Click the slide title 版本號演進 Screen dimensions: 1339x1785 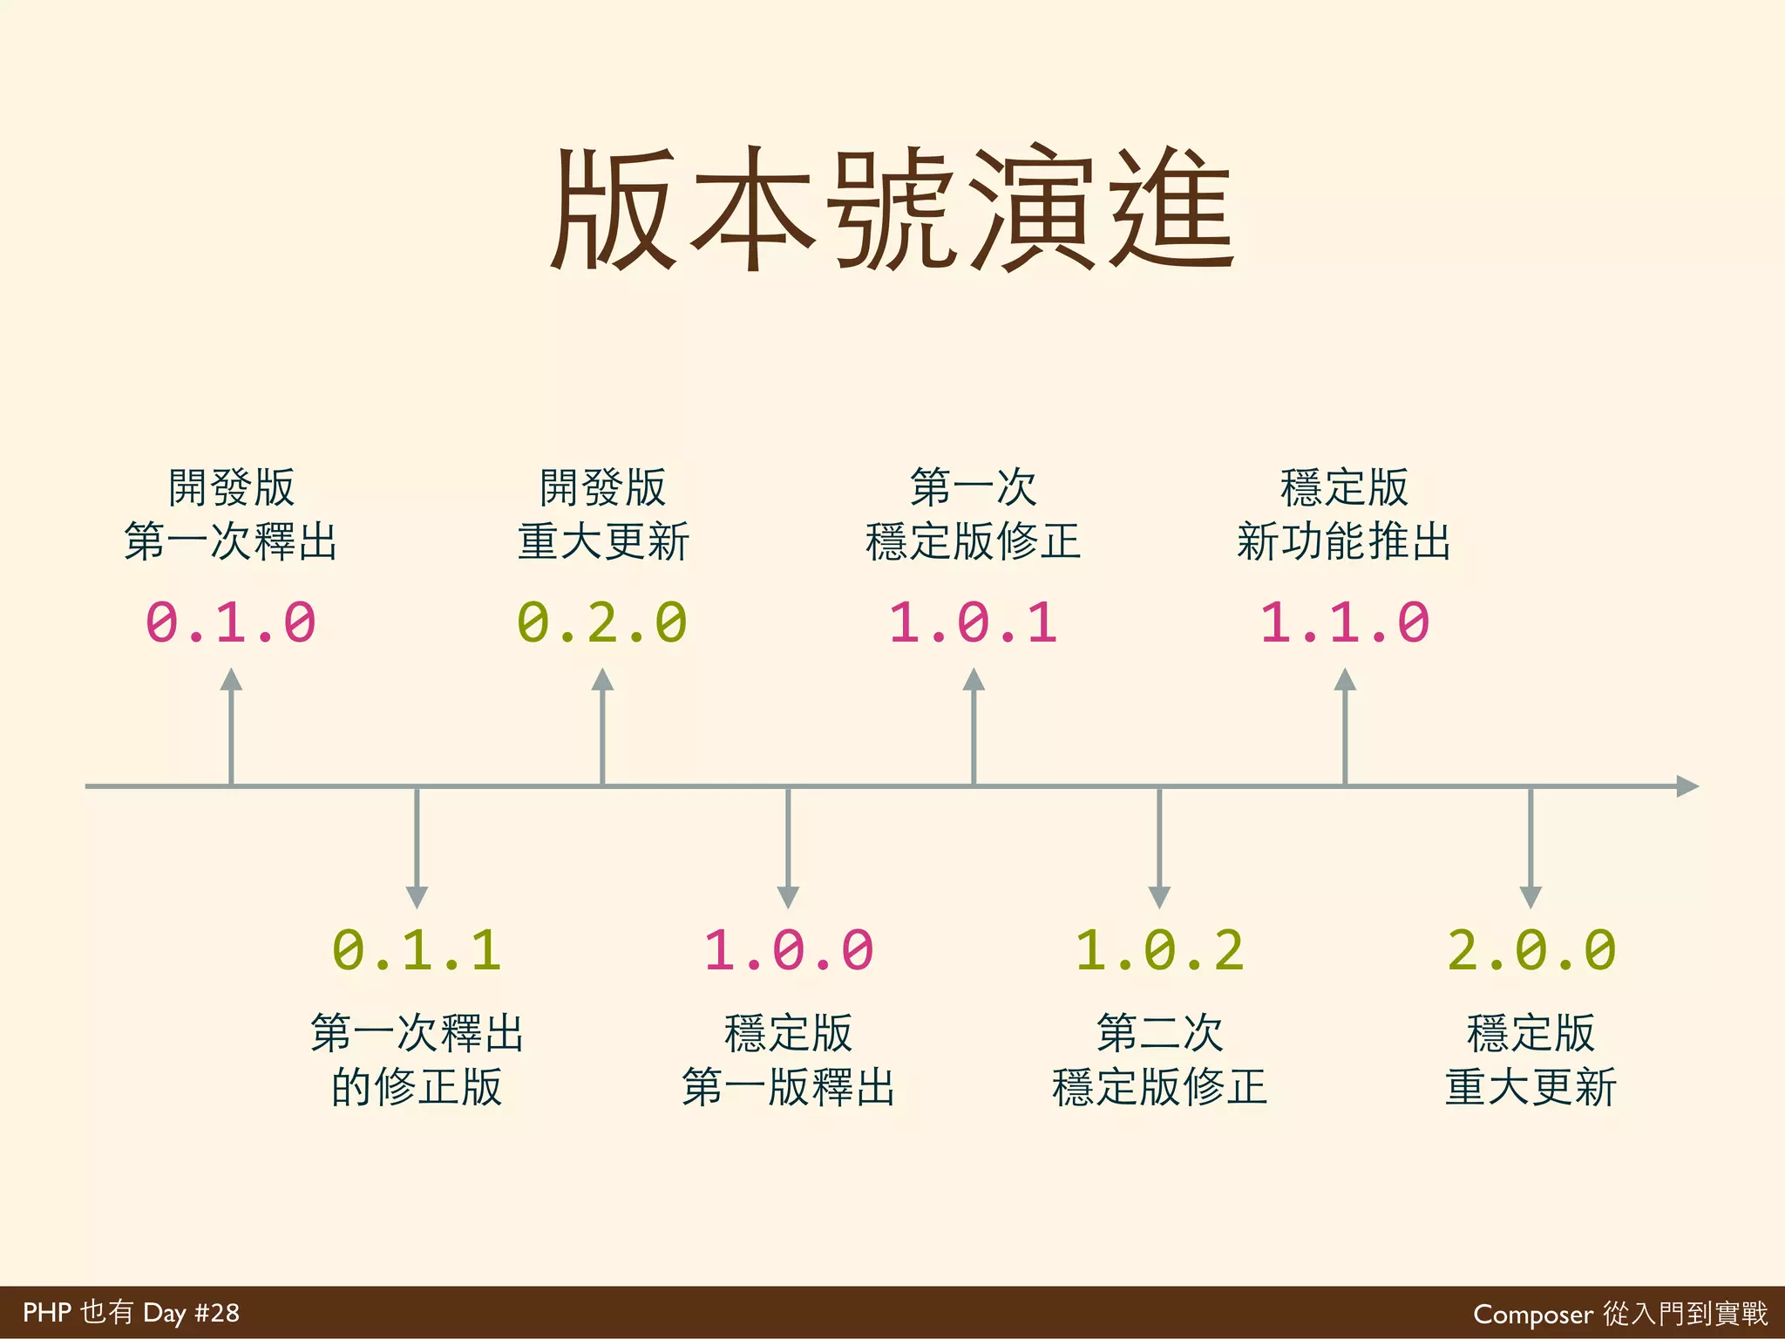[892, 209]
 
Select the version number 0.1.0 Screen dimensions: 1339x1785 [231, 622]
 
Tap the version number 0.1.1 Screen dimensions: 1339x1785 [417, 949]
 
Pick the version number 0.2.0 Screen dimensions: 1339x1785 [602, 622]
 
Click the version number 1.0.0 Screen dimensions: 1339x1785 [788, 949]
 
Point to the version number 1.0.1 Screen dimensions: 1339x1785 [974, 622]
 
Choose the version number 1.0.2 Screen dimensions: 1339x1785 [1159, 949]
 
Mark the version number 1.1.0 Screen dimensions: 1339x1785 [1345, 622]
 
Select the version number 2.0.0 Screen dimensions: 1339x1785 [1531, 949]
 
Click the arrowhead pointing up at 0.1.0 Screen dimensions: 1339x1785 [231, 681]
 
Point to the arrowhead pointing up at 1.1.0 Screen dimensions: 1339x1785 [1345, 681]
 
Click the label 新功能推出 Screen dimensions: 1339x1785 [1344, 541]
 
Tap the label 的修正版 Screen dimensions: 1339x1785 [417, 1087]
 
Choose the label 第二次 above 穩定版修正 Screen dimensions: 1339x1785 [1159, 1033]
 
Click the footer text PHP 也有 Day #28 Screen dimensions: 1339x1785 [131, 1313]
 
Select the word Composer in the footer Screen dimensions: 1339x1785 [1532, 1314]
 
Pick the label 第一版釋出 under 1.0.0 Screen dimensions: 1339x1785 [788, 1087]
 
